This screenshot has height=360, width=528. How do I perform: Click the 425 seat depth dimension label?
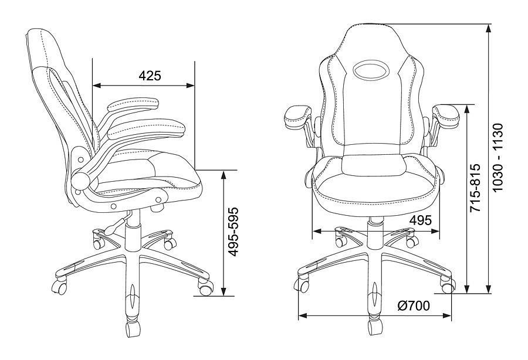pos(150,76)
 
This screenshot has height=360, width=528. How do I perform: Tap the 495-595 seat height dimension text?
pos(233,232)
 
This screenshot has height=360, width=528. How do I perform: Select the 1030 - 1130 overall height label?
pos(497,158)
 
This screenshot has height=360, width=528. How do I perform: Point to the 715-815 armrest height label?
pos(475,188)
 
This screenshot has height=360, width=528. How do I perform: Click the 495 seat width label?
pos(421,220)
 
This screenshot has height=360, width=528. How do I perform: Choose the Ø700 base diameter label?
pos(414,306)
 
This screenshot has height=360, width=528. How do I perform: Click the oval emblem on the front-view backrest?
pos(371,70)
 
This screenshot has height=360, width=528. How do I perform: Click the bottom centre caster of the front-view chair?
pos(375,327)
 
